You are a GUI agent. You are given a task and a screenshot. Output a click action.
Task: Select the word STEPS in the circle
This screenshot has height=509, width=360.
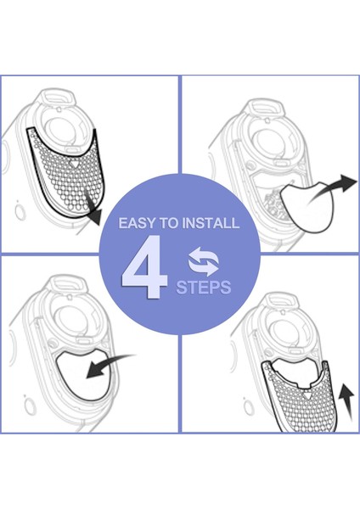[x=203, y=288]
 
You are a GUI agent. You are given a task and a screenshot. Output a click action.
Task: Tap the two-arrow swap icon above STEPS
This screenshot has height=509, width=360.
[x=203, y=258]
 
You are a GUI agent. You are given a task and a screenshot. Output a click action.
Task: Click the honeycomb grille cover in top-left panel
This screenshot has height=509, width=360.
[x=64, y=170]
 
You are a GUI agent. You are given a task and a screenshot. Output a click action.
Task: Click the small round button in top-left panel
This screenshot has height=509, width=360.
[x=20, y=204]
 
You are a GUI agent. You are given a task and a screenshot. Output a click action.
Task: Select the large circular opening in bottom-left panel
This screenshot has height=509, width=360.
[x=68, y=321]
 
